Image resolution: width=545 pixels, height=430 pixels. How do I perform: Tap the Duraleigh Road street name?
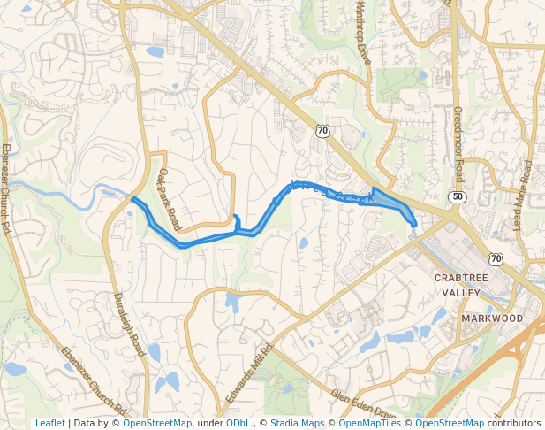tap(130, 325)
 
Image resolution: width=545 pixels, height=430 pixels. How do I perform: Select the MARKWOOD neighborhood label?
tap(492, 318)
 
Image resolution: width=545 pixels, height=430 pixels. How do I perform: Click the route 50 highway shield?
tap(456, 196)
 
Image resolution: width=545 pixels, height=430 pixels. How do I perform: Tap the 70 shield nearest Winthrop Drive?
tap(322, 131)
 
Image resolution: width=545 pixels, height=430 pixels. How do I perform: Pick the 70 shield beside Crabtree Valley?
tap(496, 258)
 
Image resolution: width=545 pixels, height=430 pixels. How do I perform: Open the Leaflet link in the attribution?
tap(49, 423)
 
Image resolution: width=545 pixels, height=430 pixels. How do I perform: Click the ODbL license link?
tap(238, 423)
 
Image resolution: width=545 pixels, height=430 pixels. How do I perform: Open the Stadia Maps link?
tap(297, 423)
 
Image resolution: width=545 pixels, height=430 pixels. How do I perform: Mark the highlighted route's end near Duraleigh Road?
tap(132, 199)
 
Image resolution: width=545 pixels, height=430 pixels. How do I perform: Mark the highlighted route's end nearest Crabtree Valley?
tap(414, 225)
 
